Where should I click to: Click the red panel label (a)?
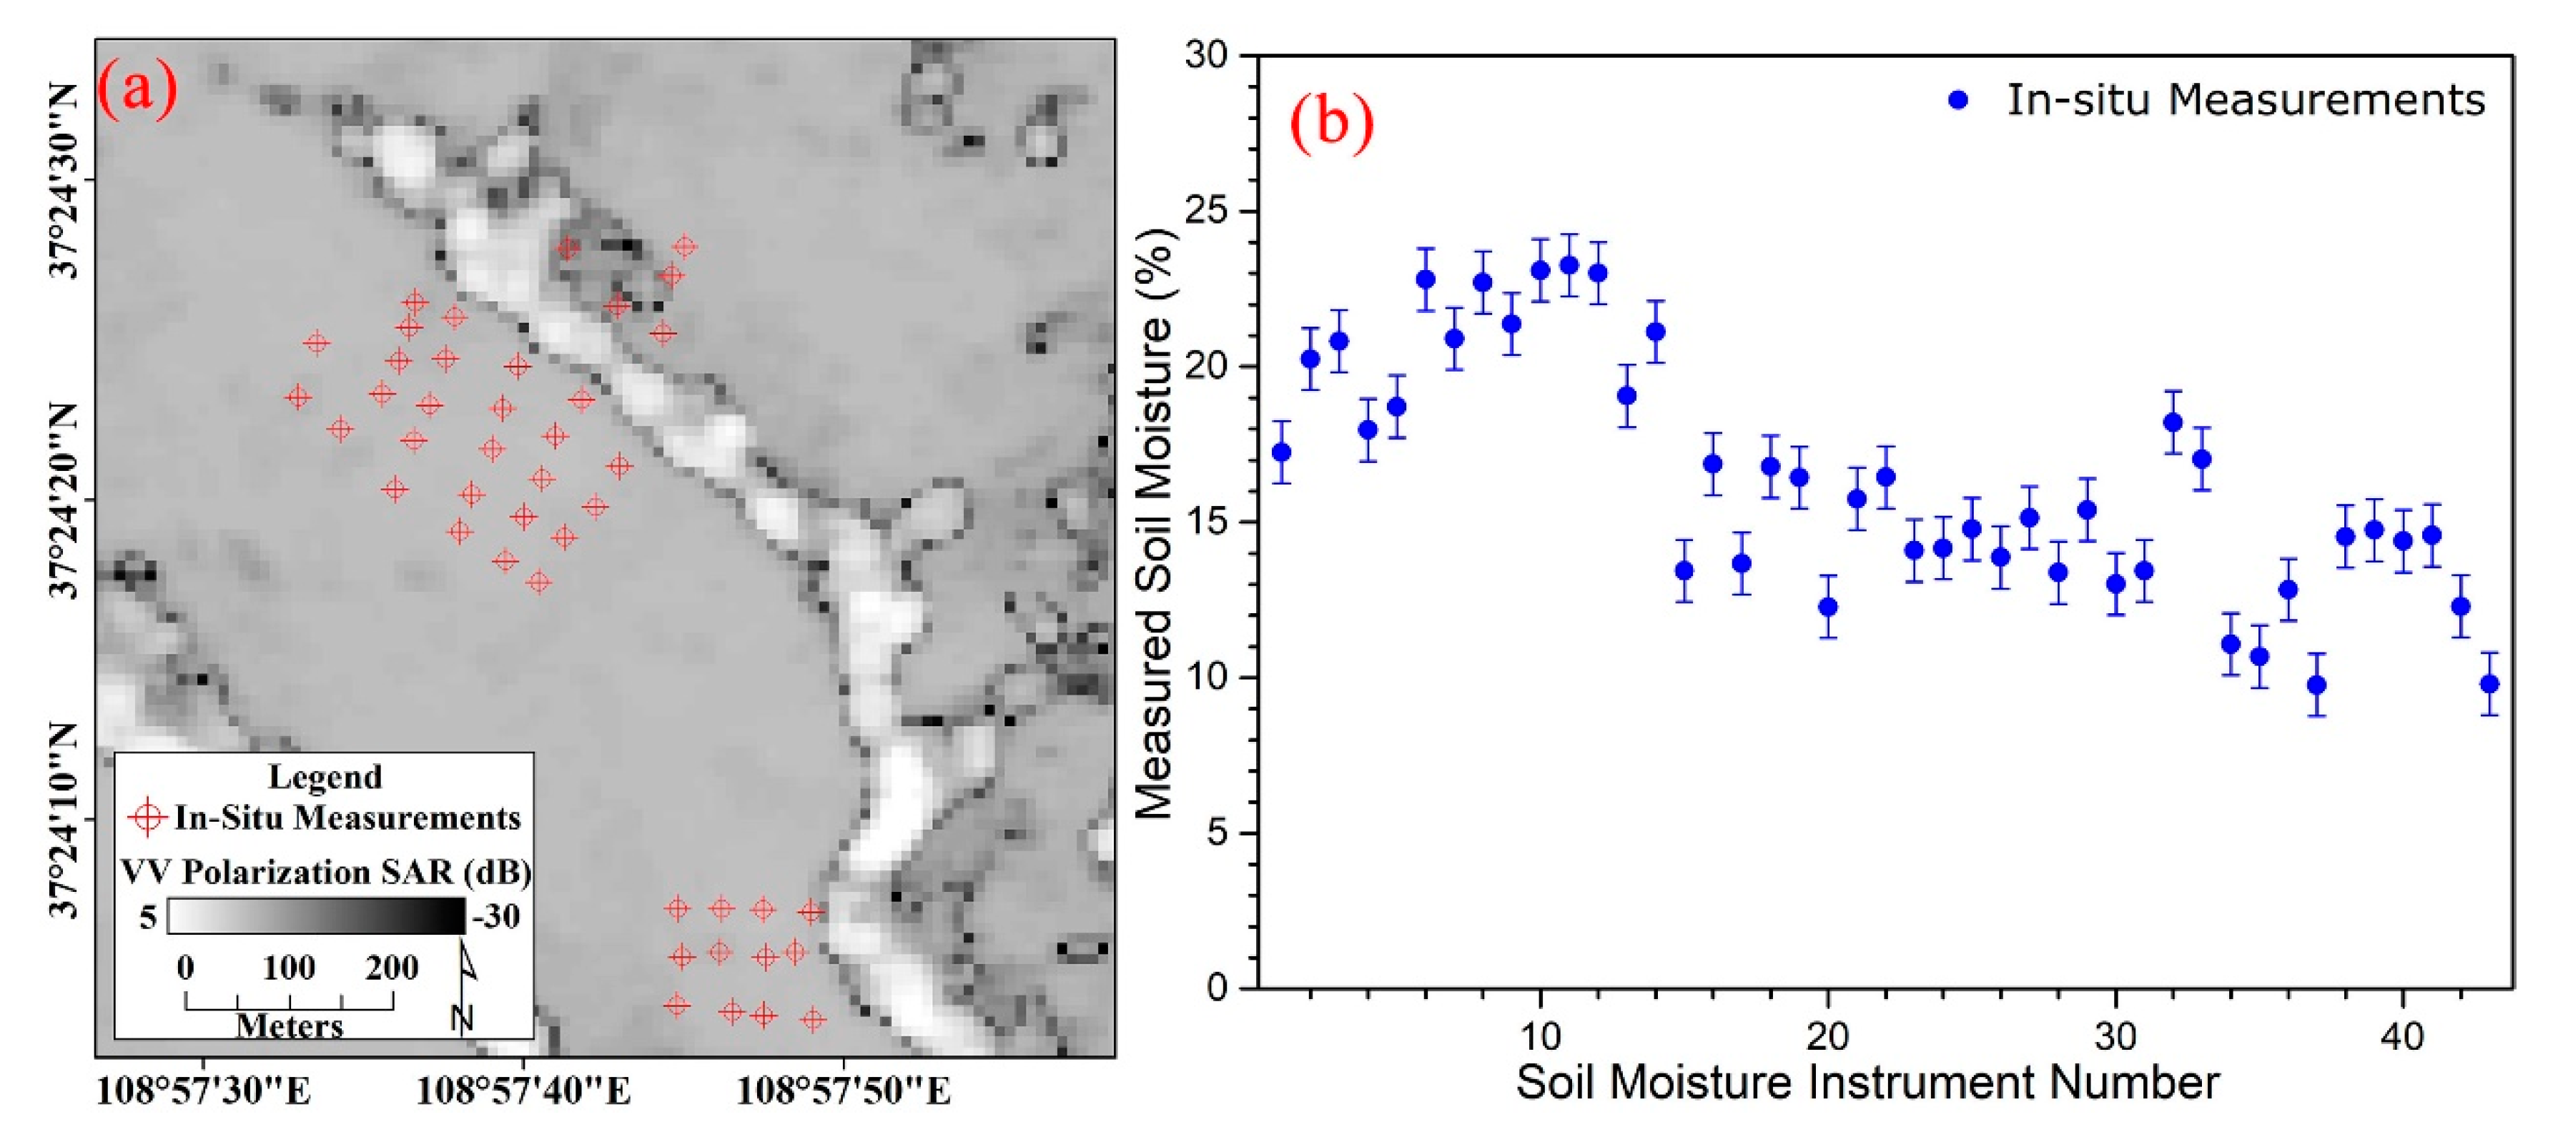(x=137, y=89)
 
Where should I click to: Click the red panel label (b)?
(x=1332, y=122)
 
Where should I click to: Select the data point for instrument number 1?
(x=1282, y=452)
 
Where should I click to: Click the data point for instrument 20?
(x=1828, y=607)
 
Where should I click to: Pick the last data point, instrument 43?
(x=2489, y=684)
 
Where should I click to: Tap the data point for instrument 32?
(x=2173, y=422)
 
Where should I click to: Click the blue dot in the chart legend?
(x=1958, y=100)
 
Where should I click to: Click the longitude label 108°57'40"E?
(x=523, y=1091)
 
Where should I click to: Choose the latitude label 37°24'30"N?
(x=64, y=181)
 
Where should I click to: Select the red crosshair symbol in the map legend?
(x=148, y=818)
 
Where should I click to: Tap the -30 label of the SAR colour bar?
(x=496, y=915)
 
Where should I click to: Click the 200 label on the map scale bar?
(x=391, y=967)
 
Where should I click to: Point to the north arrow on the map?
(x=464, y=983)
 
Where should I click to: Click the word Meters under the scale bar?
(x=289, y=1025)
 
